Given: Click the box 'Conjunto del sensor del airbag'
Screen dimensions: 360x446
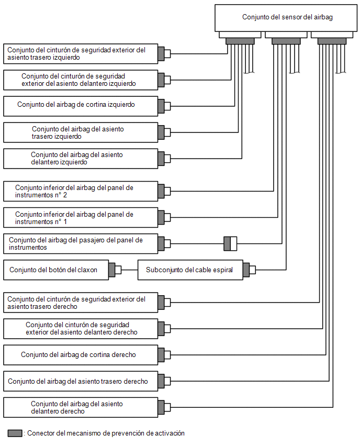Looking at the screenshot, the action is [x=286, y=18].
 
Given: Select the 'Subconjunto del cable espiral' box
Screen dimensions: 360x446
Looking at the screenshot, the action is [x=190, y=270].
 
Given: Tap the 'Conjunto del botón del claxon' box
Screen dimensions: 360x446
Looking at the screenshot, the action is [x=56, y=270].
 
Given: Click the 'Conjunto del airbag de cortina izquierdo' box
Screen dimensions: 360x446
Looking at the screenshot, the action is [x=81, y=106].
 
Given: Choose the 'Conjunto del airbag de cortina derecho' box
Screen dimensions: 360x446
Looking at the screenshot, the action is [x=81, y=355].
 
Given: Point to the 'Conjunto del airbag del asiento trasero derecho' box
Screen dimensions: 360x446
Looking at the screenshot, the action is [x=81, y=381].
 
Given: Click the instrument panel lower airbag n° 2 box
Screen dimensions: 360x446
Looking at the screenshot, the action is [x=81, y=192].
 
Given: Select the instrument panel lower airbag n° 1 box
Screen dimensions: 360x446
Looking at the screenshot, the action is [x=81, y=218].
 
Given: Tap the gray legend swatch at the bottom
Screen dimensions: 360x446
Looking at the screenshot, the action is [x=15, y=433].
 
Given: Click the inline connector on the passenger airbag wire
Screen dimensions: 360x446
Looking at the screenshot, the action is [x=230, y=244].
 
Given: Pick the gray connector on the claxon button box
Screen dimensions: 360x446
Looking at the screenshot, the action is [x=112, y=270].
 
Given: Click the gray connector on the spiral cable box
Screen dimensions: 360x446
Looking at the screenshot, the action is [x=246, y=270].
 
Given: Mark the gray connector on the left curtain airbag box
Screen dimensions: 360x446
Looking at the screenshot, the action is [x=161, y=106].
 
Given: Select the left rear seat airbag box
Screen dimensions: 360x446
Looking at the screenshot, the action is [x=81, y=132].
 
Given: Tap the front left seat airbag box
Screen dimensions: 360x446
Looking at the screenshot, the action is [x=81, y=159].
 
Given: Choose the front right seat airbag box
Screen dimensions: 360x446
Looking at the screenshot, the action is [x=81, y=407].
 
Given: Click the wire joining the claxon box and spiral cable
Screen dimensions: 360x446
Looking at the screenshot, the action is [x=129, y=270].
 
